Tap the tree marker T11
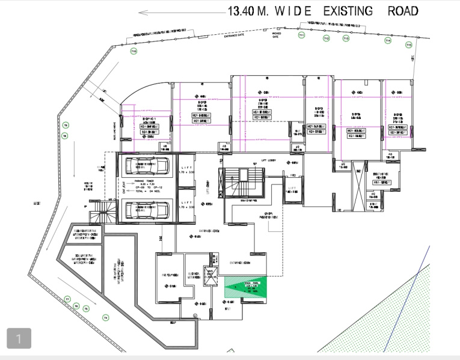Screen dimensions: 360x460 (x=301, y=36)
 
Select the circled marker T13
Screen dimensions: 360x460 (x=346, y=38)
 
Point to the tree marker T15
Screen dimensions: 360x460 (x=409, y=45)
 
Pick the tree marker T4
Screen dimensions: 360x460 (x=105, y=317)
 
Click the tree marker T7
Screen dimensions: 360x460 (x=67, y=299)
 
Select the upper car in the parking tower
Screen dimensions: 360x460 (x=146, y=165)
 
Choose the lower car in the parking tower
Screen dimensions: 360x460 (x=146, y=210)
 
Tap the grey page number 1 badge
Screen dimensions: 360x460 (x=19, y=339)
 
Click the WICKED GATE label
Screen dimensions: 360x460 (x=275, y=35)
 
